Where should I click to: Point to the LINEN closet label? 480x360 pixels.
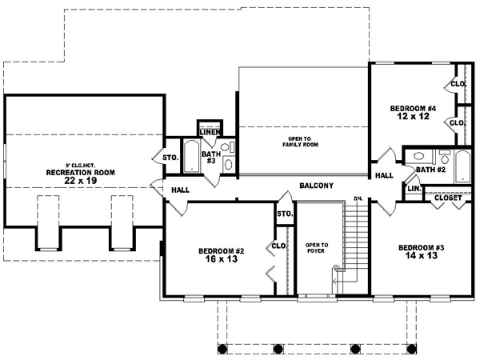210,132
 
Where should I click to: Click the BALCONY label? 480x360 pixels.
316,186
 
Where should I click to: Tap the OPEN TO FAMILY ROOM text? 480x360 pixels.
298,142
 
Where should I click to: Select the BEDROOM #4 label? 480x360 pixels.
414,108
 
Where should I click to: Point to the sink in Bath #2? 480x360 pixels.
442,157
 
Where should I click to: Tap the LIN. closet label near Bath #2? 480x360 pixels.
414,189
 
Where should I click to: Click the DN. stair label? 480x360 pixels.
359,198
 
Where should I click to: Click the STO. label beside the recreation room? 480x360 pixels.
170,158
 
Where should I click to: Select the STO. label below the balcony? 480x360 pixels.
284,214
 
